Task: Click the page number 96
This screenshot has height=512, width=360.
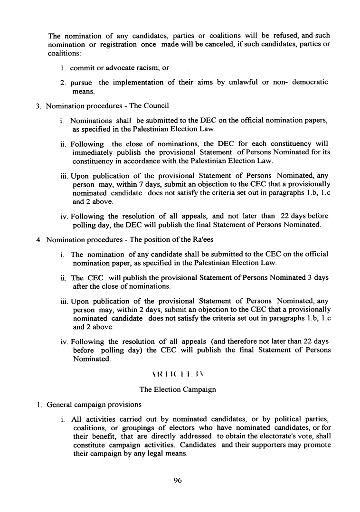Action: point(178,481)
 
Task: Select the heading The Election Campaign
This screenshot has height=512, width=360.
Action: point(178,389)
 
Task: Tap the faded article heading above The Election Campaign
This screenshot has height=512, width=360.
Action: point(178,375)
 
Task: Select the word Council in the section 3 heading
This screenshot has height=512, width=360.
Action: point(156,105)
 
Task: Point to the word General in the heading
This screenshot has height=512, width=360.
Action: point(59,404)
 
